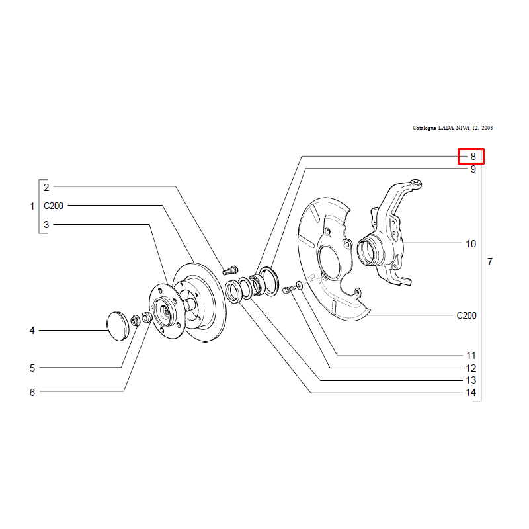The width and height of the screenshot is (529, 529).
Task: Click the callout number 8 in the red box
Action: tap(473, 157)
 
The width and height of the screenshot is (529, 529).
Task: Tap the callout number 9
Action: tap(473, 169)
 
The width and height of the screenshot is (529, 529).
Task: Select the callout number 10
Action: tap(471, 243)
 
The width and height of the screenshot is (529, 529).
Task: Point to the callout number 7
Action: tap(490, 261)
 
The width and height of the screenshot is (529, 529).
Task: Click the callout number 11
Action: tap(471, 356)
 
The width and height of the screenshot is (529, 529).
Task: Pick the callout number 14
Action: tap(471, 393)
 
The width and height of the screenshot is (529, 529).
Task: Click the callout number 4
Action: tap(32, 330)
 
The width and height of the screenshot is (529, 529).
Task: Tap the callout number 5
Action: tap(32, 368)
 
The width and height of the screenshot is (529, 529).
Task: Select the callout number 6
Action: tap(32, 392)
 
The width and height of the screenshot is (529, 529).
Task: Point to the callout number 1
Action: tap(32, 206)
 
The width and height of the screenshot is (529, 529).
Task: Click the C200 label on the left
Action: tap(54, 206)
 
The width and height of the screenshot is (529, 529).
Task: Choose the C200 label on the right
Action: tap(466, 315)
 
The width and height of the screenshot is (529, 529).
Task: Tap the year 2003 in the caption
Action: tap(487, 128)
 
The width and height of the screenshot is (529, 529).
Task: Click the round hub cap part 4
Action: tap(118, 326)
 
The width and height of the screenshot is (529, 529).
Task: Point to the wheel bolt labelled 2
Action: tap(230, 270)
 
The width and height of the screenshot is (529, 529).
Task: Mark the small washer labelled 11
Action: tap(299, 284)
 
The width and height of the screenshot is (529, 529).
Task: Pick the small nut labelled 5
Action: tap(136, 320)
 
